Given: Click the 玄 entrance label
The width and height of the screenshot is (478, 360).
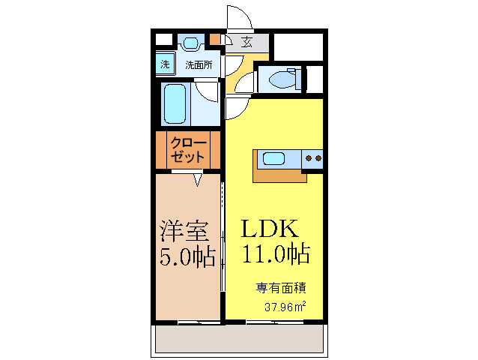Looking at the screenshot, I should [246, 43].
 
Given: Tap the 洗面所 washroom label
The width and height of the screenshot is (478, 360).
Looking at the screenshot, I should [199, 65].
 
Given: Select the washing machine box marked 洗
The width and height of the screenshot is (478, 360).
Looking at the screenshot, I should [165, 64].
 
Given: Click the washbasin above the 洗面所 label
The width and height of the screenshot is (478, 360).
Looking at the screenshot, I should [192, 43].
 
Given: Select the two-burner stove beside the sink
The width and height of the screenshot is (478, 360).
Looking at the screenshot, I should [312, 158].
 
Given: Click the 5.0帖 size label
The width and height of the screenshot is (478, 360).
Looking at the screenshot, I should [187, 256].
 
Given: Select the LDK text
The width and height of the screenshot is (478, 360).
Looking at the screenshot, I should [270, 228].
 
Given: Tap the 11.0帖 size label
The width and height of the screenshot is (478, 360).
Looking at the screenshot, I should [275, 255].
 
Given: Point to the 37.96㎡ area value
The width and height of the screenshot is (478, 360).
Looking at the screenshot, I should [285, 307].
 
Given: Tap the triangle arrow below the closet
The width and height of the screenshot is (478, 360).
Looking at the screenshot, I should [198, 179].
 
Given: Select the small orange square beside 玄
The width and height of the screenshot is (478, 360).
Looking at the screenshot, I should [216, 38].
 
